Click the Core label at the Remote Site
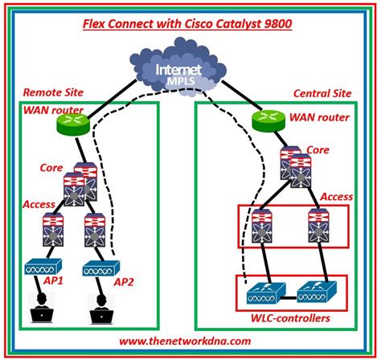click(51, 168)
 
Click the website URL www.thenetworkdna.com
click(189, 341)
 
